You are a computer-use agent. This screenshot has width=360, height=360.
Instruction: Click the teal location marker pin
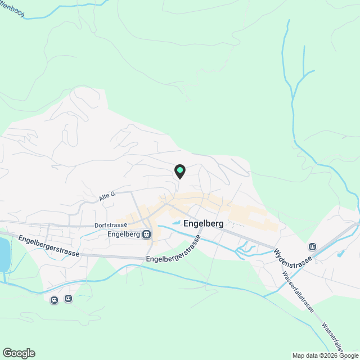180,170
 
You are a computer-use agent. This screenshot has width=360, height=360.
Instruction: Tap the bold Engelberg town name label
204,223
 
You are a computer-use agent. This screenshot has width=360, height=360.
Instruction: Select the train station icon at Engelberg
146,234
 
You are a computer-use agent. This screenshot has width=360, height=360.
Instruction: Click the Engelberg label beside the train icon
123,234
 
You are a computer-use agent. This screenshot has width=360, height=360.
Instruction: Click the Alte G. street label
107,195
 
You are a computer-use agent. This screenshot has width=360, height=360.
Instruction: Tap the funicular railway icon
55,300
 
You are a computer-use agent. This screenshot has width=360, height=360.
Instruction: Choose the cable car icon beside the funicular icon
69,298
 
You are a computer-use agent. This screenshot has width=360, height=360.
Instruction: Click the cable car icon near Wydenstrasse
312,246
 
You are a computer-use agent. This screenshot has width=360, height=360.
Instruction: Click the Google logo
19,353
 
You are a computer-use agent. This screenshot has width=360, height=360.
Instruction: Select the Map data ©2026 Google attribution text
325,355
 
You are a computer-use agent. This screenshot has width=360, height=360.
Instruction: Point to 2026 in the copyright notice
330,355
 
